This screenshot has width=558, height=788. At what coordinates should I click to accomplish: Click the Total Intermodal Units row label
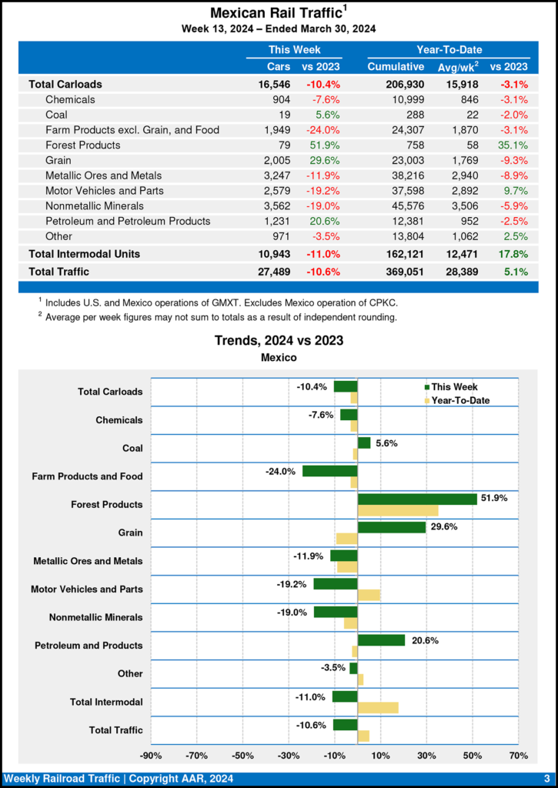(84, 253)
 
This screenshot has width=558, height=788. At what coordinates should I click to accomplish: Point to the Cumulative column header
(396, 67)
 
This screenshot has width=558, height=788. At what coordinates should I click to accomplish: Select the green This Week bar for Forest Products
(417, 499)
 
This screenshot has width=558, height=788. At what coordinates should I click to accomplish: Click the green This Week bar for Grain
(392, 527)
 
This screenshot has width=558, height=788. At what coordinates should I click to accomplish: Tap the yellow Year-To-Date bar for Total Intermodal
(378, 707)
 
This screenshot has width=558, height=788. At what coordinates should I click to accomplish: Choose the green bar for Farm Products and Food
(329, 471)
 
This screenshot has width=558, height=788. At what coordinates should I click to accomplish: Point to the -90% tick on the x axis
(151, 755)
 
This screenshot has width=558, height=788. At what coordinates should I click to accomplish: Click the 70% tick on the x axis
(518, 755)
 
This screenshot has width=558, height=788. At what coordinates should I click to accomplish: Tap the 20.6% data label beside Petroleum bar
(423, 640)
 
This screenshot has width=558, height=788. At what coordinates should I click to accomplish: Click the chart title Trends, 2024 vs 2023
(279, 340)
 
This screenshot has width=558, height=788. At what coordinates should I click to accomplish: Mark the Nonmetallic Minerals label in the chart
(95, 617)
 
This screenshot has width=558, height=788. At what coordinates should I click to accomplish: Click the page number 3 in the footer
(546, 779)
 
